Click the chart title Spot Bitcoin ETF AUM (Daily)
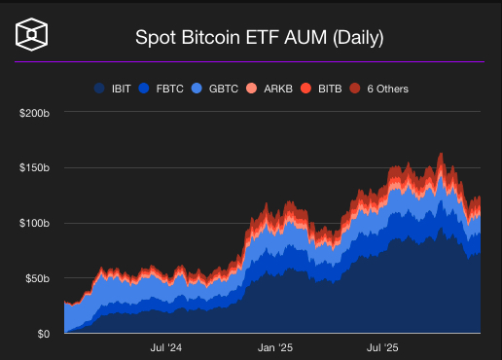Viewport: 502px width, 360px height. pyautogui.click(x=258, y=40)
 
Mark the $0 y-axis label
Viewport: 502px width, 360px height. pyautogui.click(x=43, y=334)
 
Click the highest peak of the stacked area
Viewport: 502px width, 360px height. pyautogui.click(x=441, y=154)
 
